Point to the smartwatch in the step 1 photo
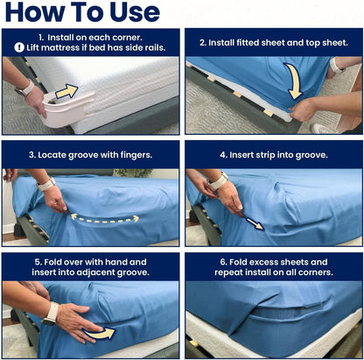23,88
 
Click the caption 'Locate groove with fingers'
91,154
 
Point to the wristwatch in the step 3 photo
45,185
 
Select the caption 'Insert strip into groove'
273,154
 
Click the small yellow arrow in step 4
254,223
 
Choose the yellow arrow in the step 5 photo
103,332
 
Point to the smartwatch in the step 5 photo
52,312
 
